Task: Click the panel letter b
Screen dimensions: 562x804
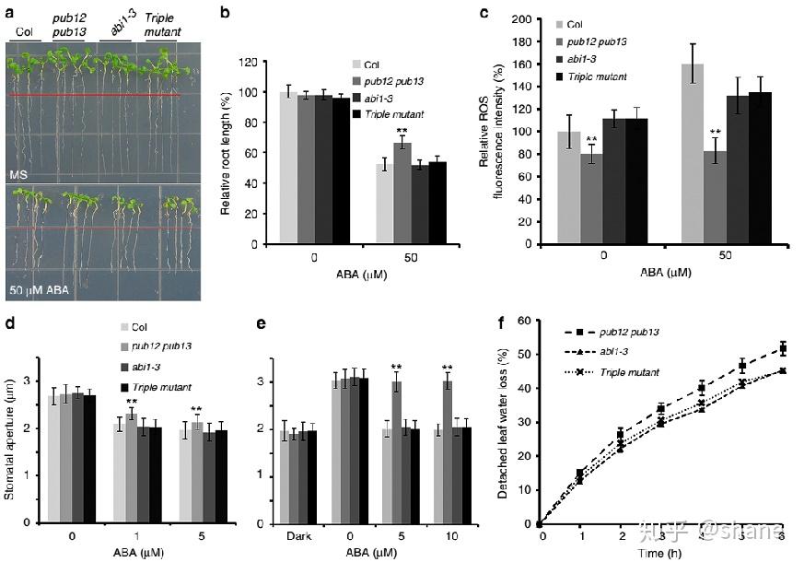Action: point(225,14)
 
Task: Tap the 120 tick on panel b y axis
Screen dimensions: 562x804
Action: point(246,63)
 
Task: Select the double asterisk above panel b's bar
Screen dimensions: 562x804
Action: point(402,131)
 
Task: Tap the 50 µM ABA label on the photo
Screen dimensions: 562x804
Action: point(40,291)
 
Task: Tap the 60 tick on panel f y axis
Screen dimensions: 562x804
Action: point(525,321)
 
